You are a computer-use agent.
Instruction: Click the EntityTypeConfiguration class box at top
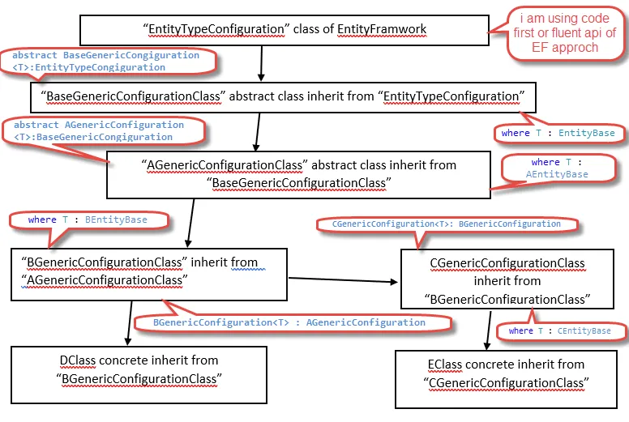284,30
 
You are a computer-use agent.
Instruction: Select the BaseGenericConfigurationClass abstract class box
283,96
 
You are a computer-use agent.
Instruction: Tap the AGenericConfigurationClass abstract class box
297,174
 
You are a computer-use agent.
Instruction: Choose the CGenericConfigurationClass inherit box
507,280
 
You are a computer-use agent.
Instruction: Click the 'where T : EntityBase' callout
558,133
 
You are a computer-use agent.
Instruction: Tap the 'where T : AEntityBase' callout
557,168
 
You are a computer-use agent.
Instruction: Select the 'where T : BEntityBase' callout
88,220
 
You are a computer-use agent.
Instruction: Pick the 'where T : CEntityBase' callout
559,330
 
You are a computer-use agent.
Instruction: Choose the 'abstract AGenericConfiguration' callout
98,130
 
